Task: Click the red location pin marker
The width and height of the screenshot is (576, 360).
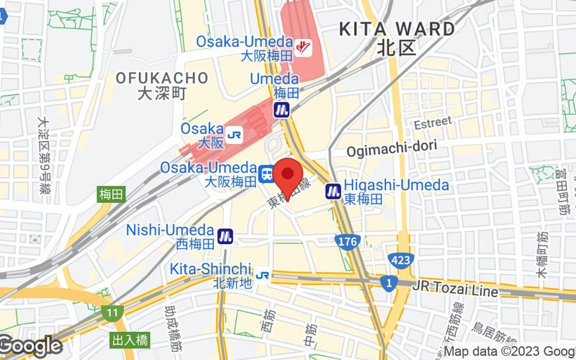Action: [x=289, y=179]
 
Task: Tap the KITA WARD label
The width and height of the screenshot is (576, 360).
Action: [x=397, y=30]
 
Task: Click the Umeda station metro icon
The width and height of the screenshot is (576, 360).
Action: [x=282, y=110]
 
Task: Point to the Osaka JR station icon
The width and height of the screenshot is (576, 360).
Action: [x=234, y=135]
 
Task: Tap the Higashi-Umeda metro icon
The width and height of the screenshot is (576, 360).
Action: [x=333, y=192]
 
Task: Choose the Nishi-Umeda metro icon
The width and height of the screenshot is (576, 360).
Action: [x=226, y=235]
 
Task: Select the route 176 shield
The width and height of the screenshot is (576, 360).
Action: [x=347, y=242]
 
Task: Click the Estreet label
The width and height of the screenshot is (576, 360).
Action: [x=432, y=122]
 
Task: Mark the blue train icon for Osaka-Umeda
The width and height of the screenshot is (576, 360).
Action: [x=266, y=174]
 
